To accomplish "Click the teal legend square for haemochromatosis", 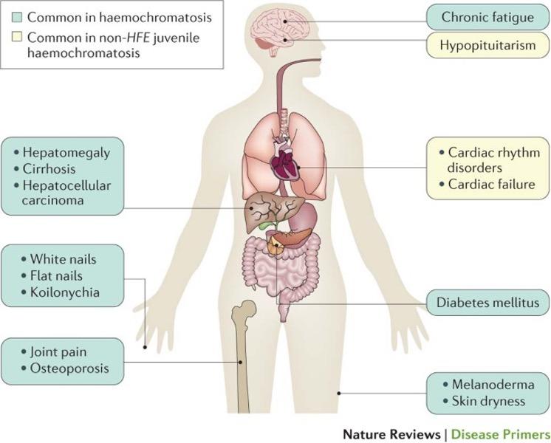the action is (16, 17).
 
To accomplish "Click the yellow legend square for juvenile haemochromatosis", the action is (16, 37).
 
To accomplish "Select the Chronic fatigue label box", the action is (487, 17).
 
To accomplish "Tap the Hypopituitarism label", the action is (487, 45).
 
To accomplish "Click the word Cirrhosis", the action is (49, 169).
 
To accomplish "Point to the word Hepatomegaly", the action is (66, 153).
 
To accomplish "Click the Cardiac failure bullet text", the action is (492, 185).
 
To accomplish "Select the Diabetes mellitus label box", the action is (487, 303).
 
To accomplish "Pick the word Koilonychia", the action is (65, 292).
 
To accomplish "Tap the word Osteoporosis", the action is (69, 368).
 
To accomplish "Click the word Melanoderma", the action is (493, 385).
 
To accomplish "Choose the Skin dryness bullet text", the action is (488, 401).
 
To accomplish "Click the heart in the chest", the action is (284, 160).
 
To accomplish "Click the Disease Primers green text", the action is (501, 435).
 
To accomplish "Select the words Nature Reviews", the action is (391, 435).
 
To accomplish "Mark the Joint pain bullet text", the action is (58, 352).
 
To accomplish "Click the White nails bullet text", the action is (64, 259).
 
